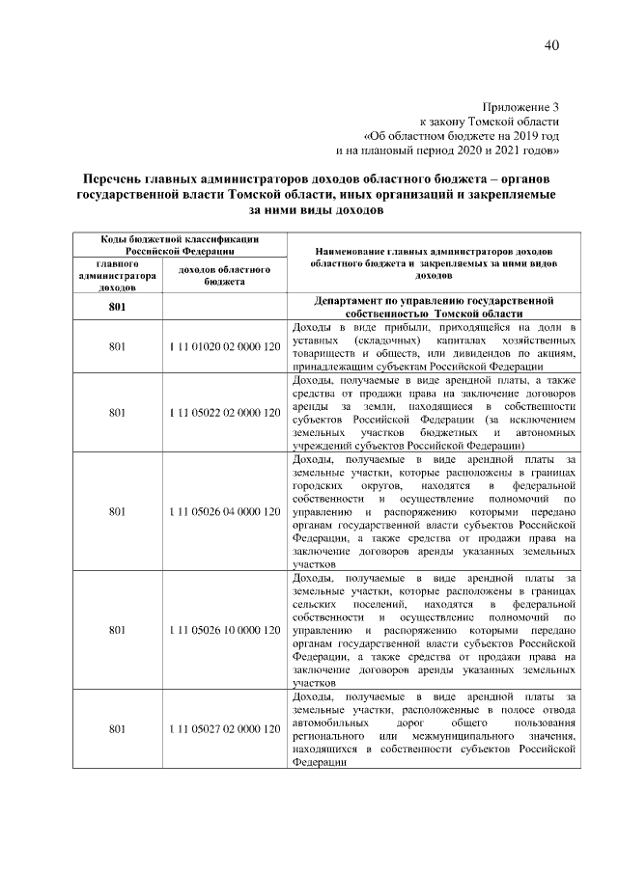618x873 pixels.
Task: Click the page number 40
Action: pos(551,45)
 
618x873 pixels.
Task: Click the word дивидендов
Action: pos(491,353)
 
